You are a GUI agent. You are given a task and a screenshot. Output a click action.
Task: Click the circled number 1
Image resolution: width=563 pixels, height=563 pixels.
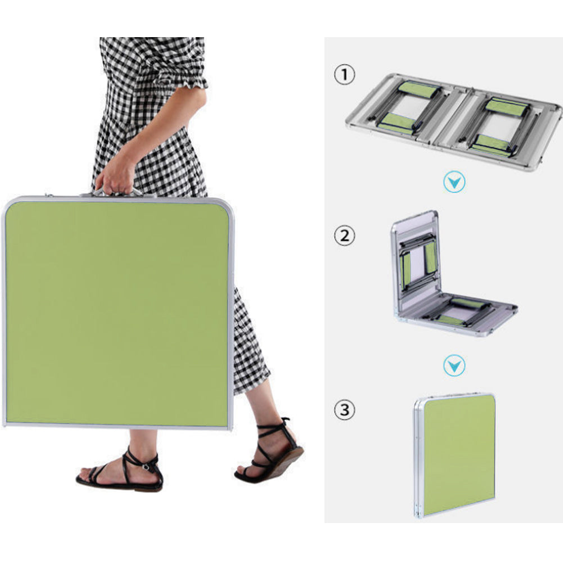344,74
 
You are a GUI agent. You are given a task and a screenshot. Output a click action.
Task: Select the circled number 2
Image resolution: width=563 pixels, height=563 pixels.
344,236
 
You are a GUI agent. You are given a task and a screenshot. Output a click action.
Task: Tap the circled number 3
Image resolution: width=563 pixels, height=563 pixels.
344,409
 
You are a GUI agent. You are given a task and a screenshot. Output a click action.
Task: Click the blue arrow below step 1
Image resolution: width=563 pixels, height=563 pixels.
454,182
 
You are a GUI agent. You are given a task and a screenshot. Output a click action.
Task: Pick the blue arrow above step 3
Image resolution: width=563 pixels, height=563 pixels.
454,366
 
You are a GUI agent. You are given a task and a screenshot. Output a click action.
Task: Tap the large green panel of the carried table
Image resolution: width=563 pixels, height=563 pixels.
117,312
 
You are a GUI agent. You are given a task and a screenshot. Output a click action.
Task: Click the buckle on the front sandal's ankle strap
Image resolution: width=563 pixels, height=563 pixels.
146,467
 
